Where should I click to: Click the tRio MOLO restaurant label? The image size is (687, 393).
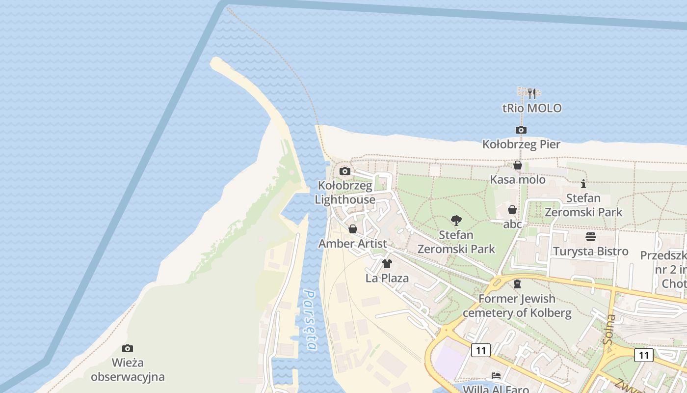click(532, 108)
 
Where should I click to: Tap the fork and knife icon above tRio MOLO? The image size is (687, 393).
click(532, 93)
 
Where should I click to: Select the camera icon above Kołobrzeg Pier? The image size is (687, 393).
click(521, 130)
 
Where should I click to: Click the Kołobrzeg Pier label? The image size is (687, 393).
click(521, 144)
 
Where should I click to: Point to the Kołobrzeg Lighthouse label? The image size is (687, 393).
click(345, 193)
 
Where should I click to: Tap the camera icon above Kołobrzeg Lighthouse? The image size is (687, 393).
click(345, 171)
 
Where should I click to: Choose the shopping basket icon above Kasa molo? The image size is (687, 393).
click(517, 166)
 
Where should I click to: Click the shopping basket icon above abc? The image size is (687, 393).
click(512, 210)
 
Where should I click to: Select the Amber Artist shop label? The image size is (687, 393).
click(352, 244)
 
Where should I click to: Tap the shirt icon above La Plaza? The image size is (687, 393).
click(387, 264)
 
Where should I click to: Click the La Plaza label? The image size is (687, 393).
click(387, 278)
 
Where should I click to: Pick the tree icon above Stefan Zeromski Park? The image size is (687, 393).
click(456, 221)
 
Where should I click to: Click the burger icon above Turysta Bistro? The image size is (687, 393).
click(590, 237)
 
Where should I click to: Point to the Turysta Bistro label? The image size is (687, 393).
click(590, 252)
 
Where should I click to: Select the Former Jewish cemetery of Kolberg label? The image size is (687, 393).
click(517, 306)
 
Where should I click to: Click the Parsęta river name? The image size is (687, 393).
click(310, 319)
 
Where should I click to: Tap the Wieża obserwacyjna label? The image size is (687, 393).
click(128, 370)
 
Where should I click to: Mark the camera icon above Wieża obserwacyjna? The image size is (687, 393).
click(128, 349)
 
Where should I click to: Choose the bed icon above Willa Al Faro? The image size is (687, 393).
click(496, 376)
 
